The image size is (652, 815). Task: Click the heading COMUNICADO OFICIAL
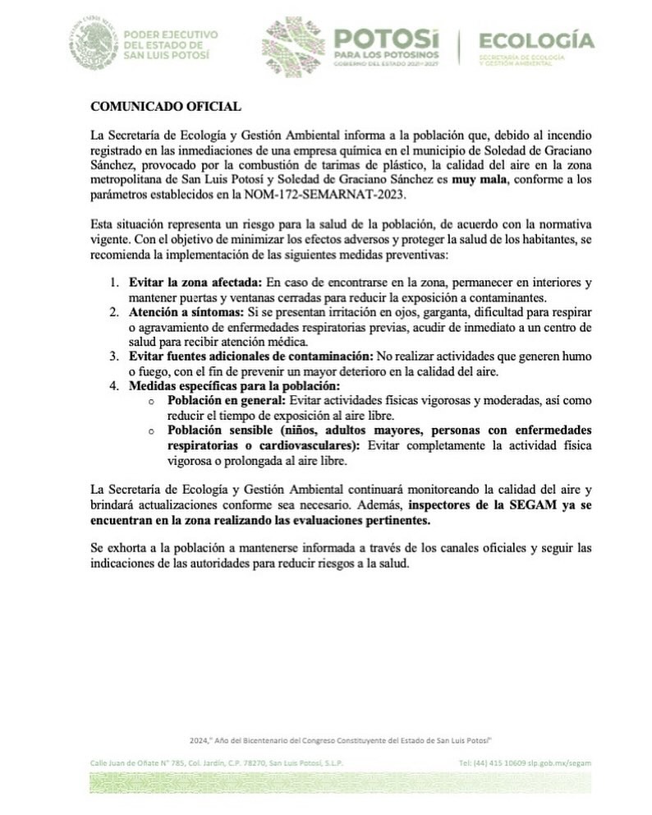pyautogui.click(x=165, y=107)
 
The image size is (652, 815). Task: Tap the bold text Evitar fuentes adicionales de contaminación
pyautogui.click(x=250, y=356)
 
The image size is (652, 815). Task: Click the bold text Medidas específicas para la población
pyautogui.click(x=234, y=385)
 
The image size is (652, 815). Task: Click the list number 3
pyautogui.click(x=115, y=356)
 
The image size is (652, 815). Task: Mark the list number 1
pyautogui.click(x=115, y=282)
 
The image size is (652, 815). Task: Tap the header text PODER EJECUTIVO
pyautogui.click(x=170, y=35)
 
